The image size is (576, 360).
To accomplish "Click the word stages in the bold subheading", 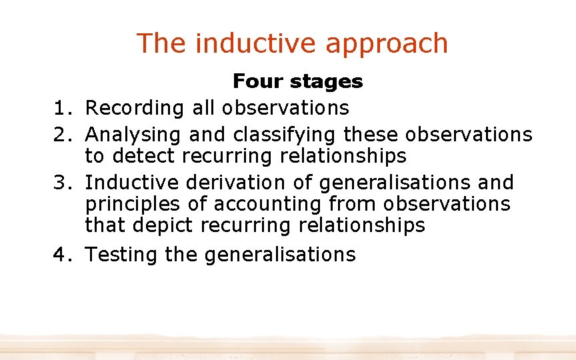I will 327,82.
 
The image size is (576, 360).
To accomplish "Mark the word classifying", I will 285,135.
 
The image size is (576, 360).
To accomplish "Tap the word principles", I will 132,204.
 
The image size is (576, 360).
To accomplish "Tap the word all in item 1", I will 204,107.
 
